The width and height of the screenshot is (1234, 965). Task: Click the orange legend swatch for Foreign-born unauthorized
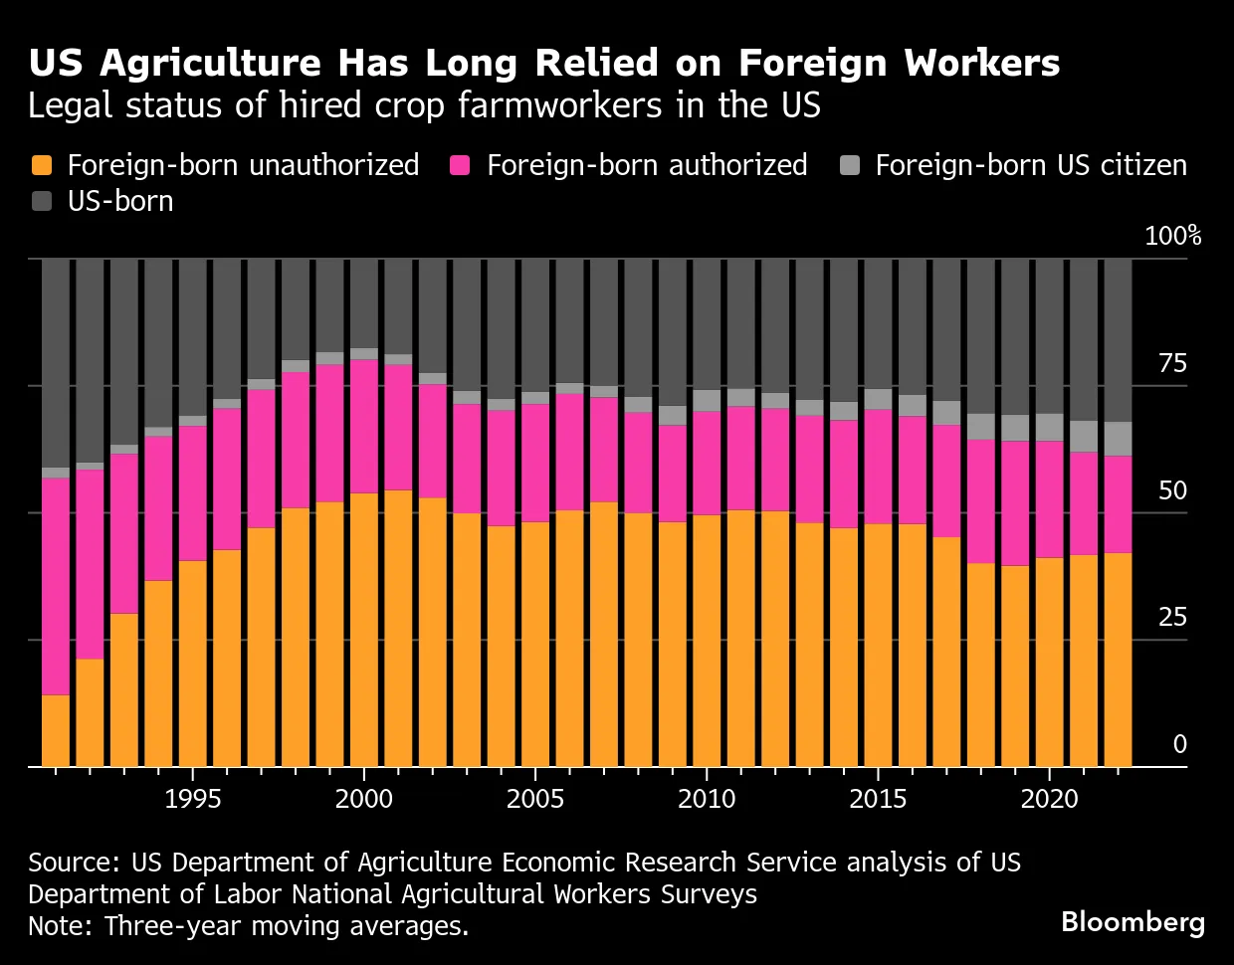click(42, 165)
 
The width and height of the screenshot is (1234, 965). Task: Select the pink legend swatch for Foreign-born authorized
click(460, 165)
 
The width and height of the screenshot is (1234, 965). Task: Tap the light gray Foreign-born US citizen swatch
click(850, 165)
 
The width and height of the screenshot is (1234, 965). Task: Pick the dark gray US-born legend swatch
click(42, 201)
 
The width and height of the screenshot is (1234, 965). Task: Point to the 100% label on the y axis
click(1173, 236)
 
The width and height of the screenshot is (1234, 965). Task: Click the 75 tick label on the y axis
click(1172, 363)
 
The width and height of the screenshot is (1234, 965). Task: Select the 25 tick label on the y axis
click(1172, 617)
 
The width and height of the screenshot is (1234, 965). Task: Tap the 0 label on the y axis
click(1180, 743)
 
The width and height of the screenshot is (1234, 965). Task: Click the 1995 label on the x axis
click(192, 799)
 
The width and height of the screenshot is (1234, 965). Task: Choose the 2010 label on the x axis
click(707, 799)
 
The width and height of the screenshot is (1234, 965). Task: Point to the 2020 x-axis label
click(1050, 799)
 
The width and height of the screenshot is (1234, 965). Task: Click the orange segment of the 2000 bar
click(364, 630)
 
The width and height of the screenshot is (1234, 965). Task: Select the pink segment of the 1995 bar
click(192, 493)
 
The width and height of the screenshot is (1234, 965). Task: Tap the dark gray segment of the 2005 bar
click(535, 325)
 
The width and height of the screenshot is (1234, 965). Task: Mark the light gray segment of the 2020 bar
click(1050, 428)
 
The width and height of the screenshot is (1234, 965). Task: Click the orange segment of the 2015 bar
click(878, 645)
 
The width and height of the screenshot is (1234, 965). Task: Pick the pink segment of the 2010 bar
click(707, 464)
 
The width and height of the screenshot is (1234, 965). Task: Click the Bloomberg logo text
click(1132, 923)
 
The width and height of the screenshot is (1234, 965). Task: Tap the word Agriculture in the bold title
click(210, 64)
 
